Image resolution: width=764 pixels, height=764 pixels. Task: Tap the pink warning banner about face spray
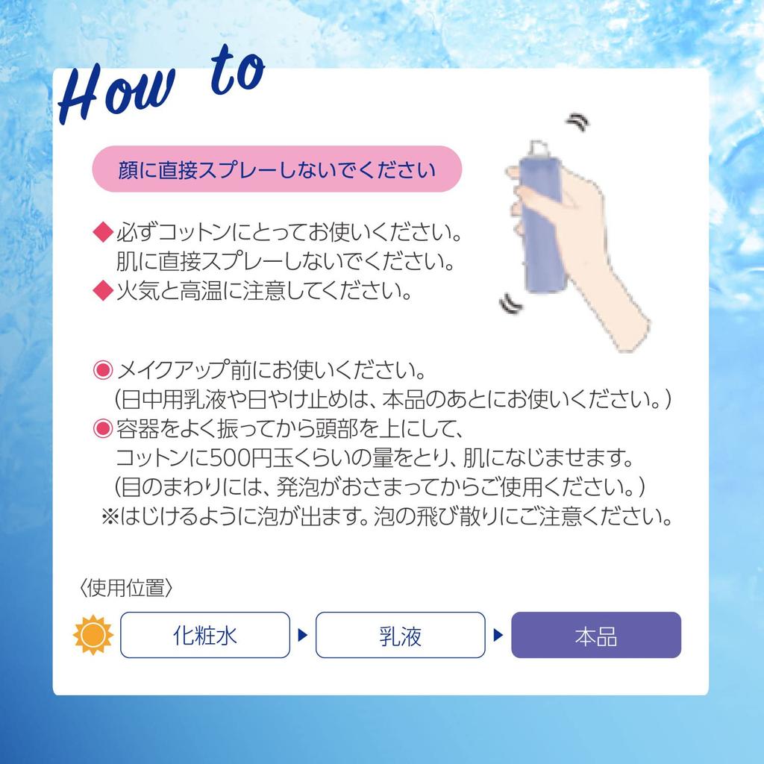[277, 169]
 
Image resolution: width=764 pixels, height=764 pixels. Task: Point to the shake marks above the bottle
[577, 122]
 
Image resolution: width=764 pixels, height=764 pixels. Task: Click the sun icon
[93, 635]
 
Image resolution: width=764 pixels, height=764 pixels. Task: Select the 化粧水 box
[204, 635]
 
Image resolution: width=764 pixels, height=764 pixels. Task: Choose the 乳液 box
[400, 635]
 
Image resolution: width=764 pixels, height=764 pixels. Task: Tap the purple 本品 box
[595, 635]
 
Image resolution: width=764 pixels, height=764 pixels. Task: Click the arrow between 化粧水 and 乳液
[302, 636]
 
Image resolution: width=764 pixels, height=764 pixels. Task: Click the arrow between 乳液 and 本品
[498, 636]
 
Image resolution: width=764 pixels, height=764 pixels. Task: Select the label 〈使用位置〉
[126, 589]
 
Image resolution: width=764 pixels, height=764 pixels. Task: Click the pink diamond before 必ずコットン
[101, 234]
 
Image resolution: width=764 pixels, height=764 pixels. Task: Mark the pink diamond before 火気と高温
[101, 290]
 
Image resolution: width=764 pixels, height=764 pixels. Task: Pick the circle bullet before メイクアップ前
[101, 370]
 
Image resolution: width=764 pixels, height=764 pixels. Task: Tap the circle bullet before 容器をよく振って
[101, 429]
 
